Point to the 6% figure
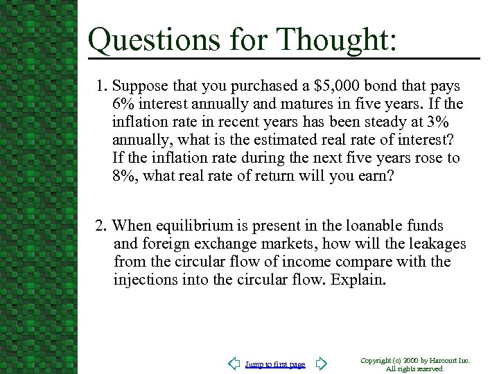pos(123,105)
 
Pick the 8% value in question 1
pos(123,176)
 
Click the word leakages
pos(435,244)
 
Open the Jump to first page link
pos(275,364)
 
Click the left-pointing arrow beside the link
pos(234,364)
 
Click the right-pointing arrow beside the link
pos(320,364)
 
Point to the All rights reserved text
pos(415,368)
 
